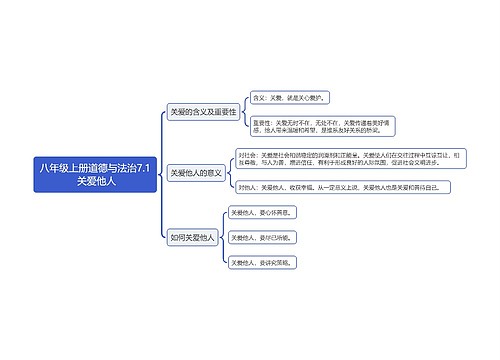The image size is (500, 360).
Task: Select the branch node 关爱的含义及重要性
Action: coord(203,112)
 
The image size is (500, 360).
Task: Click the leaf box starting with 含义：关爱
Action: coord(290,99)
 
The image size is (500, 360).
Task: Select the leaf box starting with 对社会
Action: coord(344,162)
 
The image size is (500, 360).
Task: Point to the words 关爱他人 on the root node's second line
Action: coord(96,182)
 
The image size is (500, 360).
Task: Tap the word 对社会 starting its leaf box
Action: coord(246,155)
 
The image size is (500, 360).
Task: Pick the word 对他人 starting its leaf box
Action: coord(247,187)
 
